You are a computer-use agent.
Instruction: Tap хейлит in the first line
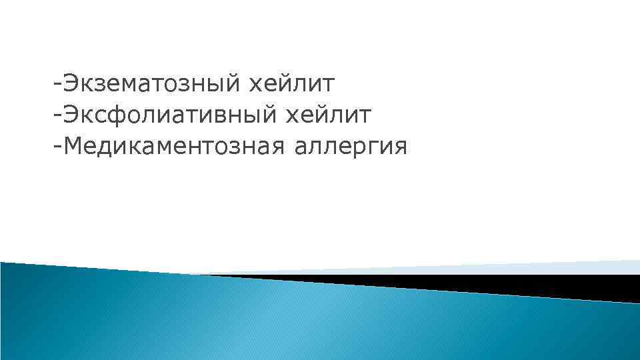[x=291, y=85]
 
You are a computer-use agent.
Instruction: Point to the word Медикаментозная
[x=174, y=146]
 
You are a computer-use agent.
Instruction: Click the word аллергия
[x=349, y=146]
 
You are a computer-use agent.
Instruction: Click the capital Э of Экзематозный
[x=71, y=85]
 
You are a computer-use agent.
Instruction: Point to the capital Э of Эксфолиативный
[x=71, y=115]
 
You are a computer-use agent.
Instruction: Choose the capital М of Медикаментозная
[x=73, y=145]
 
